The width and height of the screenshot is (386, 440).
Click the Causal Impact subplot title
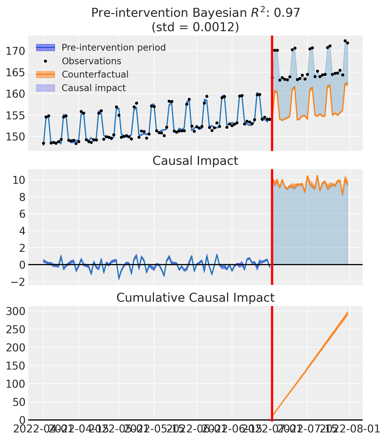(195, 161)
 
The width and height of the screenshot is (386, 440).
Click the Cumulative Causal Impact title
(195, 298)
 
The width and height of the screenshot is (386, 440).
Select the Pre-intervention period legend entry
(113, 48)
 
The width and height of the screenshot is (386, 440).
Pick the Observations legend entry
(91, 61)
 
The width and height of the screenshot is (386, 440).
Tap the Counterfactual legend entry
(95, 74)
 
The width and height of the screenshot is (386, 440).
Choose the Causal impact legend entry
(94, 88)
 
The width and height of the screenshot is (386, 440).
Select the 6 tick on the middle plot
(22, 214)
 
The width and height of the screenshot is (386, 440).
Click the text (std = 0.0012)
(195, 27)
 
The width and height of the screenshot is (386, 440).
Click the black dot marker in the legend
(46, 61)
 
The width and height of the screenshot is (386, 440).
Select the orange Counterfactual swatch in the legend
(46, 74)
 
